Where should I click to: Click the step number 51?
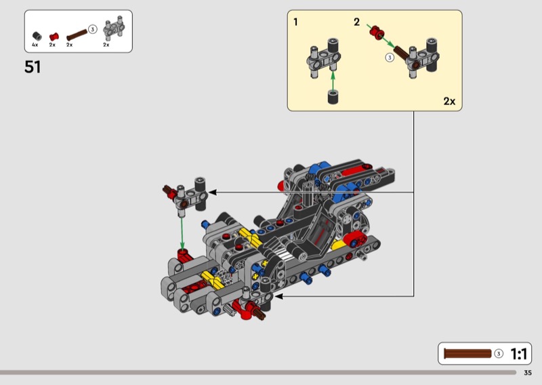(33, 66)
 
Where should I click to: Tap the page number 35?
(528, 373)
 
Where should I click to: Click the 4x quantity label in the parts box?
(35, 45)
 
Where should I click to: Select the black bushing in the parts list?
(37, 36)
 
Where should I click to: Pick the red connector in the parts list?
(54, 37)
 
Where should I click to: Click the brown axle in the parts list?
(77, 35)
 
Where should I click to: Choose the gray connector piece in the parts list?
(114, 28)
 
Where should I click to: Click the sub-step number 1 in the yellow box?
(295, 22)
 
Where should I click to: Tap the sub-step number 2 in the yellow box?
(357, 22)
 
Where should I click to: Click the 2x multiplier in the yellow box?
(449, 101)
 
